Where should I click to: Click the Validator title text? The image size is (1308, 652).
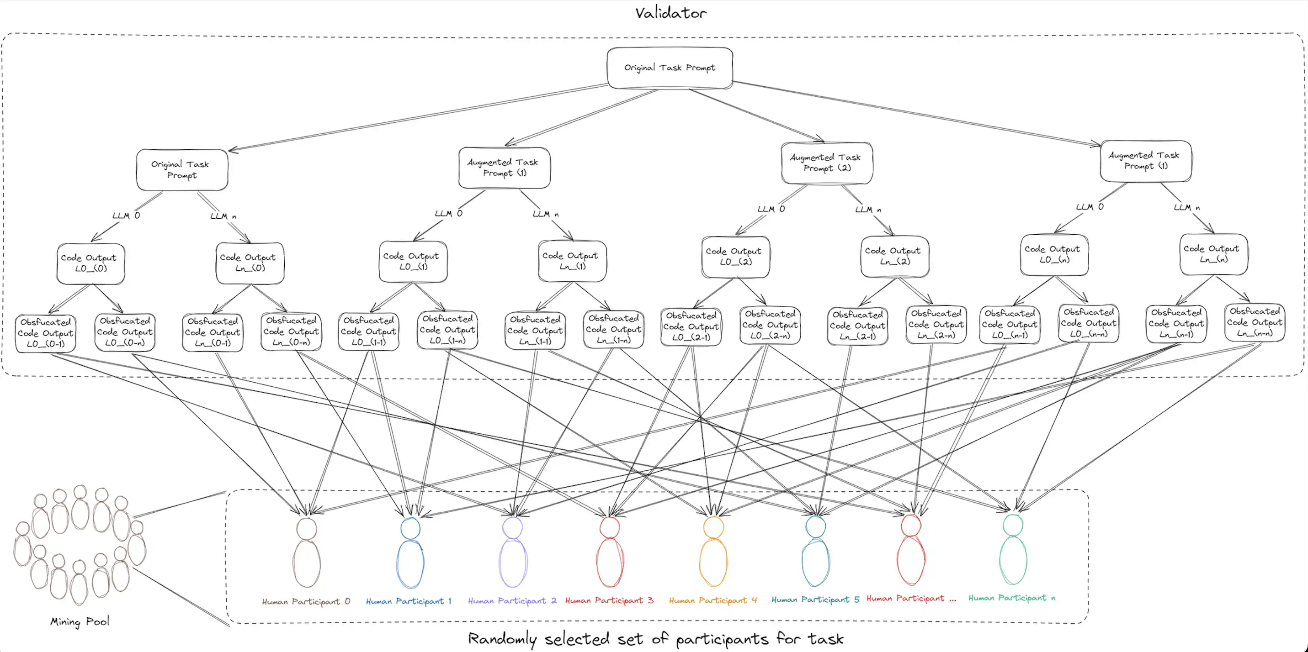point(670,13)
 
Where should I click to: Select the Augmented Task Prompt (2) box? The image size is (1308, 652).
point(827,163)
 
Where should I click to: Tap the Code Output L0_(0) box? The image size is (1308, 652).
point(90,263)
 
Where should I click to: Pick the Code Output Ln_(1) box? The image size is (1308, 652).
point(572,261)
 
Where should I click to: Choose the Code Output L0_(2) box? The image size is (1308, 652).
point(735,257)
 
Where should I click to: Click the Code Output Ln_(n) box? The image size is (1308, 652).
point(1213,254)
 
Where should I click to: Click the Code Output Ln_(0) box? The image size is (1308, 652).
point(250,263)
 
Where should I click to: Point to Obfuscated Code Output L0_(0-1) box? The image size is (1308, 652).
point(46,333)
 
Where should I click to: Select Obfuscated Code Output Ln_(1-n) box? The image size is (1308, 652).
point(613,329)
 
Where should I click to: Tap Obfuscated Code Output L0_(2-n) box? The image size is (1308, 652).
point(770,325)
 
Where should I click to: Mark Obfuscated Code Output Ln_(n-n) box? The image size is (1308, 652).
point(1254,322)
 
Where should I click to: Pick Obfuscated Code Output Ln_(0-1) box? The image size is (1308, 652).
point(212,332)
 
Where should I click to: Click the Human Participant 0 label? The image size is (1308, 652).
point(306,602)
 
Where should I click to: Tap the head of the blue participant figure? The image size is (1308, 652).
point(410,529)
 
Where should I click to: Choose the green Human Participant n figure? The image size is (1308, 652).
point(1013,550)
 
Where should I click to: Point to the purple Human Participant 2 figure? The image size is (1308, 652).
point(513,553)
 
